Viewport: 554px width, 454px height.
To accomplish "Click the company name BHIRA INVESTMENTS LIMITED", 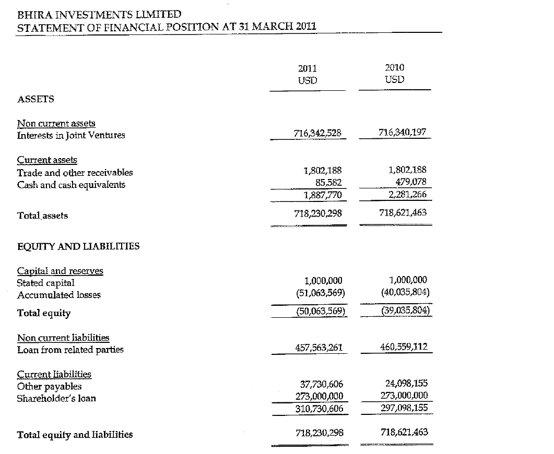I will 99,15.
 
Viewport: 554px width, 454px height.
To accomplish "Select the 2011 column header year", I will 307,68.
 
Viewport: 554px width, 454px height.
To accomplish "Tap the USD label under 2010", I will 394,80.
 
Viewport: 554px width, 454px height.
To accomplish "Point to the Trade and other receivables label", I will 75,173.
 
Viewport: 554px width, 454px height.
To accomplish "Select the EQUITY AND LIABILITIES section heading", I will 78,246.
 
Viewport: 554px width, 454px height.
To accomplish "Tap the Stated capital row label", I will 46,283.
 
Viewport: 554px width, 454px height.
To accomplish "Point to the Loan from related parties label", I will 70,350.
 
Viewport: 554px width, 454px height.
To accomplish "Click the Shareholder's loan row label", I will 56,399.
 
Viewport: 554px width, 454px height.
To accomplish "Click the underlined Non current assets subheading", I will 56,124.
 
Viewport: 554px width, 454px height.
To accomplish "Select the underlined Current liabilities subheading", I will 54,374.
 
